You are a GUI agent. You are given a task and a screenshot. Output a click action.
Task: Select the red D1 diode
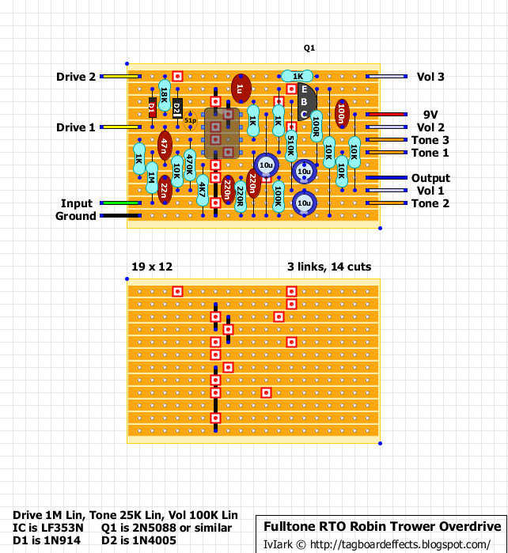151,108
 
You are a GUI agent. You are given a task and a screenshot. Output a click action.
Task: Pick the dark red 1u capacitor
241,89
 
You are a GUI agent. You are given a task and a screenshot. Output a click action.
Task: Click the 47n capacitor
164,145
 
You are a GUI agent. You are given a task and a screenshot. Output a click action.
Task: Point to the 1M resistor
151,184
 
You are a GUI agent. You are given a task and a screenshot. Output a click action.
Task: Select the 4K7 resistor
202,190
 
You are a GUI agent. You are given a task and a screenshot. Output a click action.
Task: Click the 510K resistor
290,145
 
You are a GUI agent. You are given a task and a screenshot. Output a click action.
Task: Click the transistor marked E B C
305,101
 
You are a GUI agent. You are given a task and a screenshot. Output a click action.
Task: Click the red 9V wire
385,114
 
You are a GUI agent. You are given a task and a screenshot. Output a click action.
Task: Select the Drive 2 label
76,77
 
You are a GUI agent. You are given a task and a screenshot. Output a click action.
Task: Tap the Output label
430,178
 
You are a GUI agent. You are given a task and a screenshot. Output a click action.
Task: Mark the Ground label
76,216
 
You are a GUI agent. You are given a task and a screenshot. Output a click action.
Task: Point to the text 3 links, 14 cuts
329,267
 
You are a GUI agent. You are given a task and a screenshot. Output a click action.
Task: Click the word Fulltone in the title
294,527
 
